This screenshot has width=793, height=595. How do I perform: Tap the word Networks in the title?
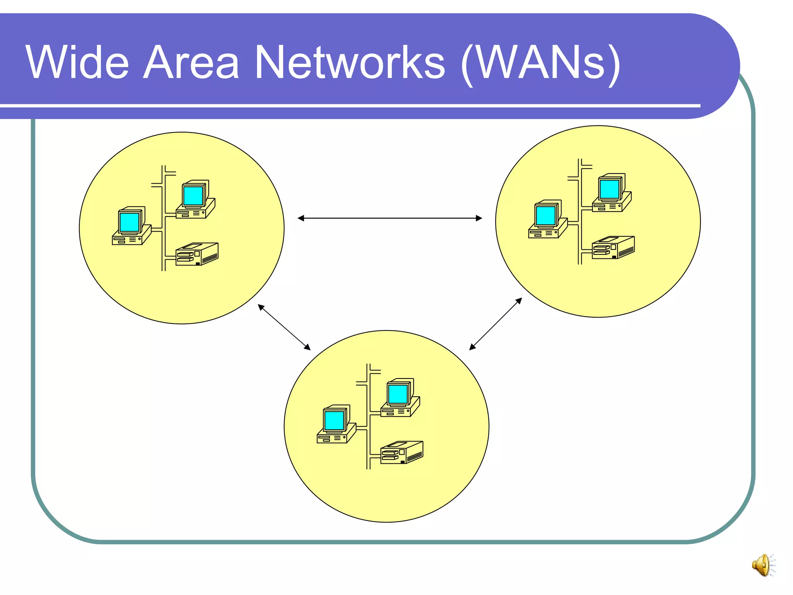(350, 62)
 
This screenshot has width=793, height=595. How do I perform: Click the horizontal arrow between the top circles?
(390, 218)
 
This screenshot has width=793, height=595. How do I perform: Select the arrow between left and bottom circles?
(284, 327)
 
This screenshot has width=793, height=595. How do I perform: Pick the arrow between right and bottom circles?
(496, 324)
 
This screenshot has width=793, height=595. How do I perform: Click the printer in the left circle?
(197, 254)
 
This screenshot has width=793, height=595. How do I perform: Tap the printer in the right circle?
(613, 248)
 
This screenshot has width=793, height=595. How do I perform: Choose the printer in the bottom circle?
(402, 452)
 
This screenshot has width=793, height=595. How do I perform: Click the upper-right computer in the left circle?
(196, 200)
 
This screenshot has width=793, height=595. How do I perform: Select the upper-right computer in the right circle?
(612, 193)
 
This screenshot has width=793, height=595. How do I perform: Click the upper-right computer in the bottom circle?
(400, 398)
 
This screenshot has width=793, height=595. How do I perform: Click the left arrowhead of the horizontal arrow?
(301, 218)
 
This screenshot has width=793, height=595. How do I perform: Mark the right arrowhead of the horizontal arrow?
(479, 218)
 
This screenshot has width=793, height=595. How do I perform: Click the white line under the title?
(348, 105)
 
